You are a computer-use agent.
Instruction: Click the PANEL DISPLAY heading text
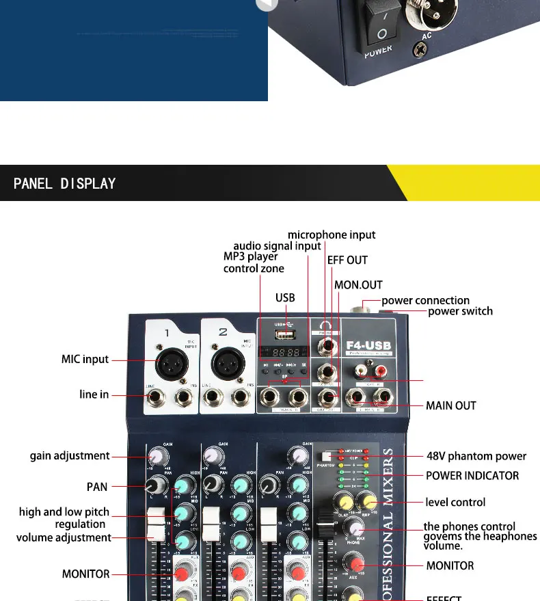65,183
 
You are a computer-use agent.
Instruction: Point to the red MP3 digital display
282,351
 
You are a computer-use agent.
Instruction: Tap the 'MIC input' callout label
85,359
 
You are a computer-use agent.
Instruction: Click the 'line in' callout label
94,395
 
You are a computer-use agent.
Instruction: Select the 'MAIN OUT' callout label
451,405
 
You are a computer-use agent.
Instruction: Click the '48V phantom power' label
476,456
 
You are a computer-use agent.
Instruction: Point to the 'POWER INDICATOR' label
472,475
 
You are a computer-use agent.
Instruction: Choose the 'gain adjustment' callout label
70,455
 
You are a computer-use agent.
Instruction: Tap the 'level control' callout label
455,502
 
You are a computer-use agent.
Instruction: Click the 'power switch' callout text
460,311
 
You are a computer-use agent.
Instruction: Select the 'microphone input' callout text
332,235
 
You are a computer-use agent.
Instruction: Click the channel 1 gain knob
158,455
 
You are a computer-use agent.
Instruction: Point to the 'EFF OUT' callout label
347,260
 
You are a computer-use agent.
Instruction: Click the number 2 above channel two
223,333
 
